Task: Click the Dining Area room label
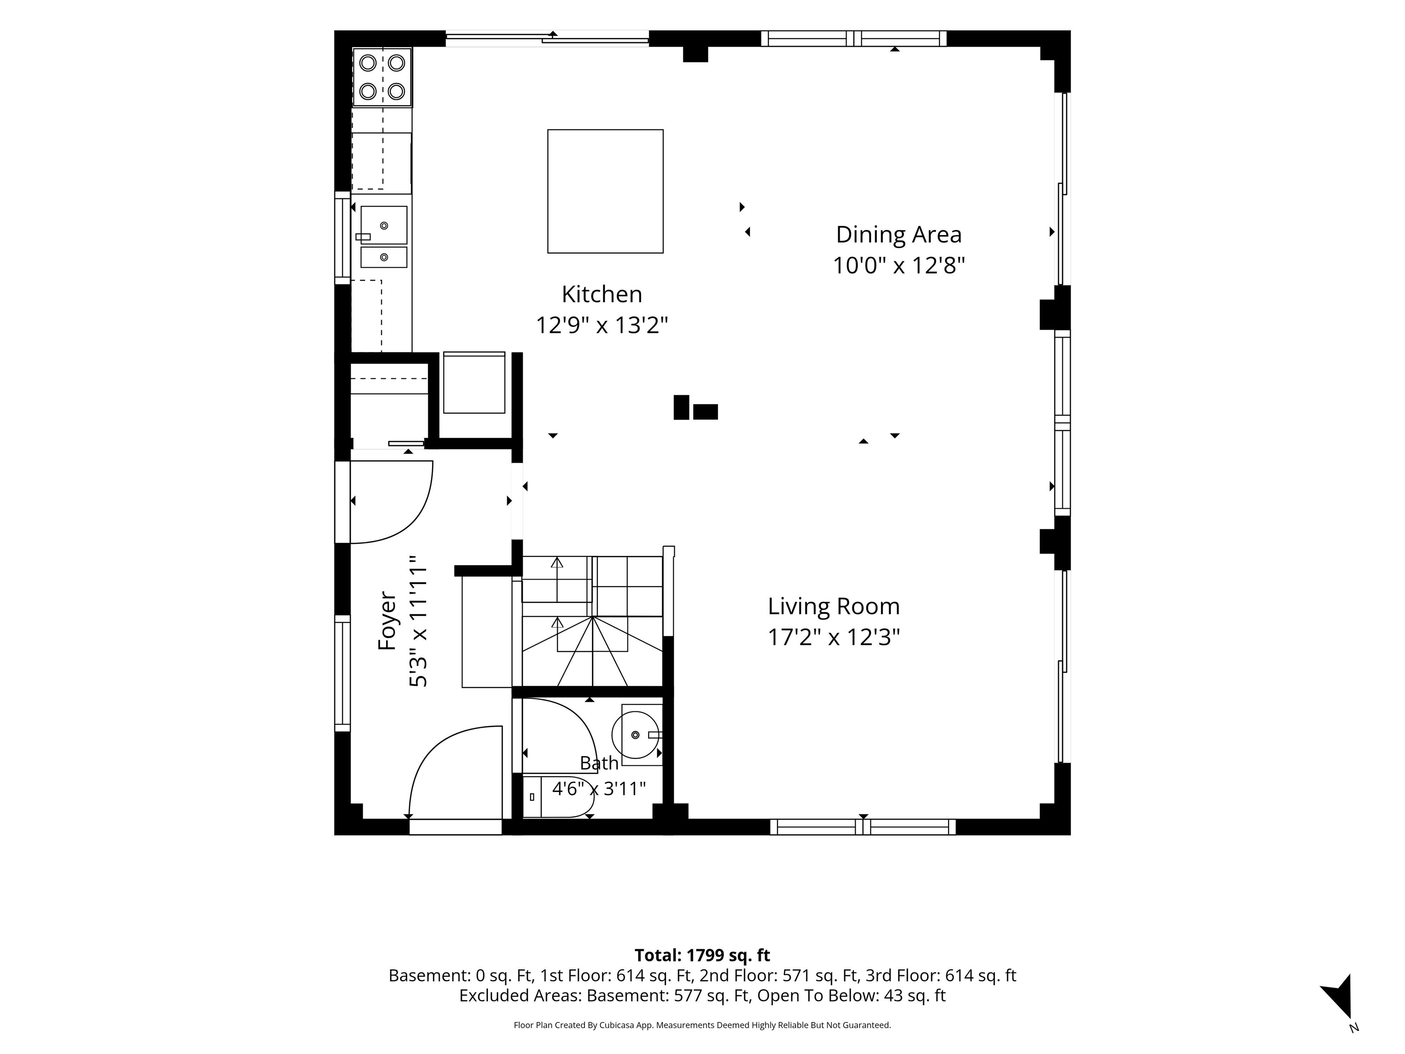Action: pyautogui.click(x=898, y=234)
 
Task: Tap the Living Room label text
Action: pyautogui.click(x=833, y=606)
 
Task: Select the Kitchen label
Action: pyautogui.click(x=601, y=294)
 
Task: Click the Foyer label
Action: pyautogui.click(x=387, y=621)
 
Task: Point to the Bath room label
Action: pyautogui.click(x=599, y=763)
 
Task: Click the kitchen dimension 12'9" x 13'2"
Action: pyautogui.click(x=601, y=325)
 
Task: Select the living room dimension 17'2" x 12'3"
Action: pyautogui.click(x=833, y=637)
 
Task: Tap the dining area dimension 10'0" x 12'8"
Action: pyautogui.click(x=898, y=265)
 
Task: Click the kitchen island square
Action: pyautogui.click(x=606, y=191)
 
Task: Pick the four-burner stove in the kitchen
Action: pyautogui.click(x=382, y=77)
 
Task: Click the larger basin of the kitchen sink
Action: pyautogui.click(x=384, y=225)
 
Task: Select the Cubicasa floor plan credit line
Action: pyautogui.click(x=702, y=1025)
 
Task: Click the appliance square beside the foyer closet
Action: pyautogui.click(x=474, y=383)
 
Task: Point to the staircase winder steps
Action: pyautogui.click(x=592, y=651)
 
